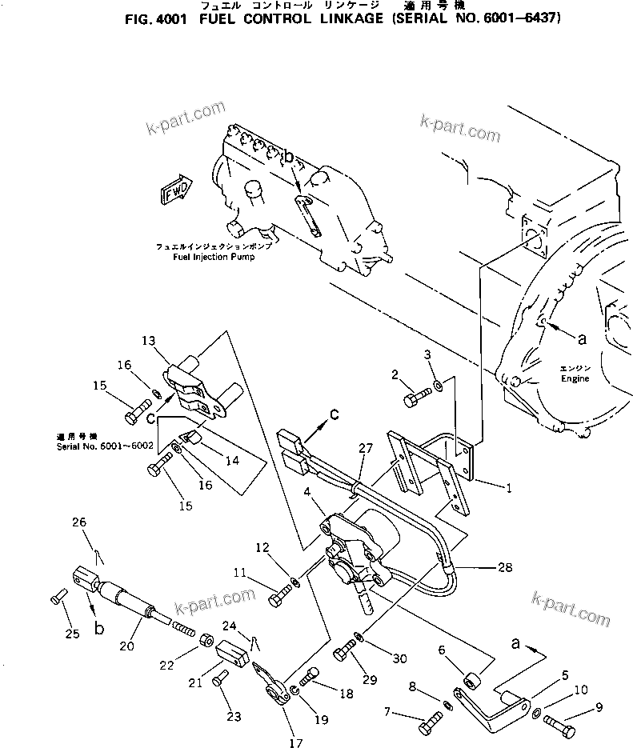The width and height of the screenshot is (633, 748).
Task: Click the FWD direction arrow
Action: click(174, 191)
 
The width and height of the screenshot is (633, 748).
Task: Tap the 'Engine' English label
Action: click(574, 379)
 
